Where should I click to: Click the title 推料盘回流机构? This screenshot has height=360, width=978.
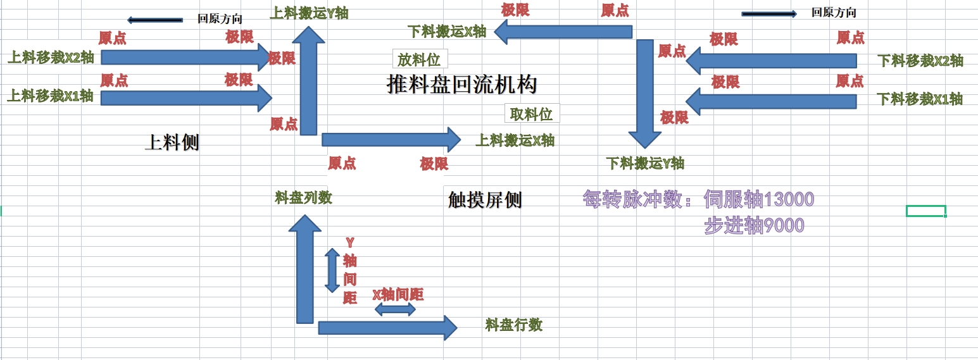461,84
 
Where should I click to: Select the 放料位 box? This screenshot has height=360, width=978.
419,59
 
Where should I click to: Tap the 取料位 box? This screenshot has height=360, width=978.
532,114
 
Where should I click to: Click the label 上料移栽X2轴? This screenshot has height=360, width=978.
51,58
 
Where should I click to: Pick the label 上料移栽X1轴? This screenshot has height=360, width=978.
51,96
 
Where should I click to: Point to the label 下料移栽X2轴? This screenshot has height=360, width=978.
920,61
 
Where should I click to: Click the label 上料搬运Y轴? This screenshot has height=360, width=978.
309,13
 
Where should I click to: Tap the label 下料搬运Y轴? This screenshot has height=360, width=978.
645,163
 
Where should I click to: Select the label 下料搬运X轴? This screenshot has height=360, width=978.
447,31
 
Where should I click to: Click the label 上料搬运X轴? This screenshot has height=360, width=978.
515,140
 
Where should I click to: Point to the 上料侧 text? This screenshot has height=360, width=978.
172,142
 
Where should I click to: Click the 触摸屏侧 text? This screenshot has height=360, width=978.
485,200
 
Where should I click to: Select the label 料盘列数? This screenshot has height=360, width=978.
303,197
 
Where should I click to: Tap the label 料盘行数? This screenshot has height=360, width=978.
514,325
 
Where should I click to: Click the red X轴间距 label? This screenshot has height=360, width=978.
398,294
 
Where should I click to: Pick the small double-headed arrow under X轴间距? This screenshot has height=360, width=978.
395,309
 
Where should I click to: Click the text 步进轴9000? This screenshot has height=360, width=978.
754,226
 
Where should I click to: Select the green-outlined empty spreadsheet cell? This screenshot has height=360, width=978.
925,211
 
